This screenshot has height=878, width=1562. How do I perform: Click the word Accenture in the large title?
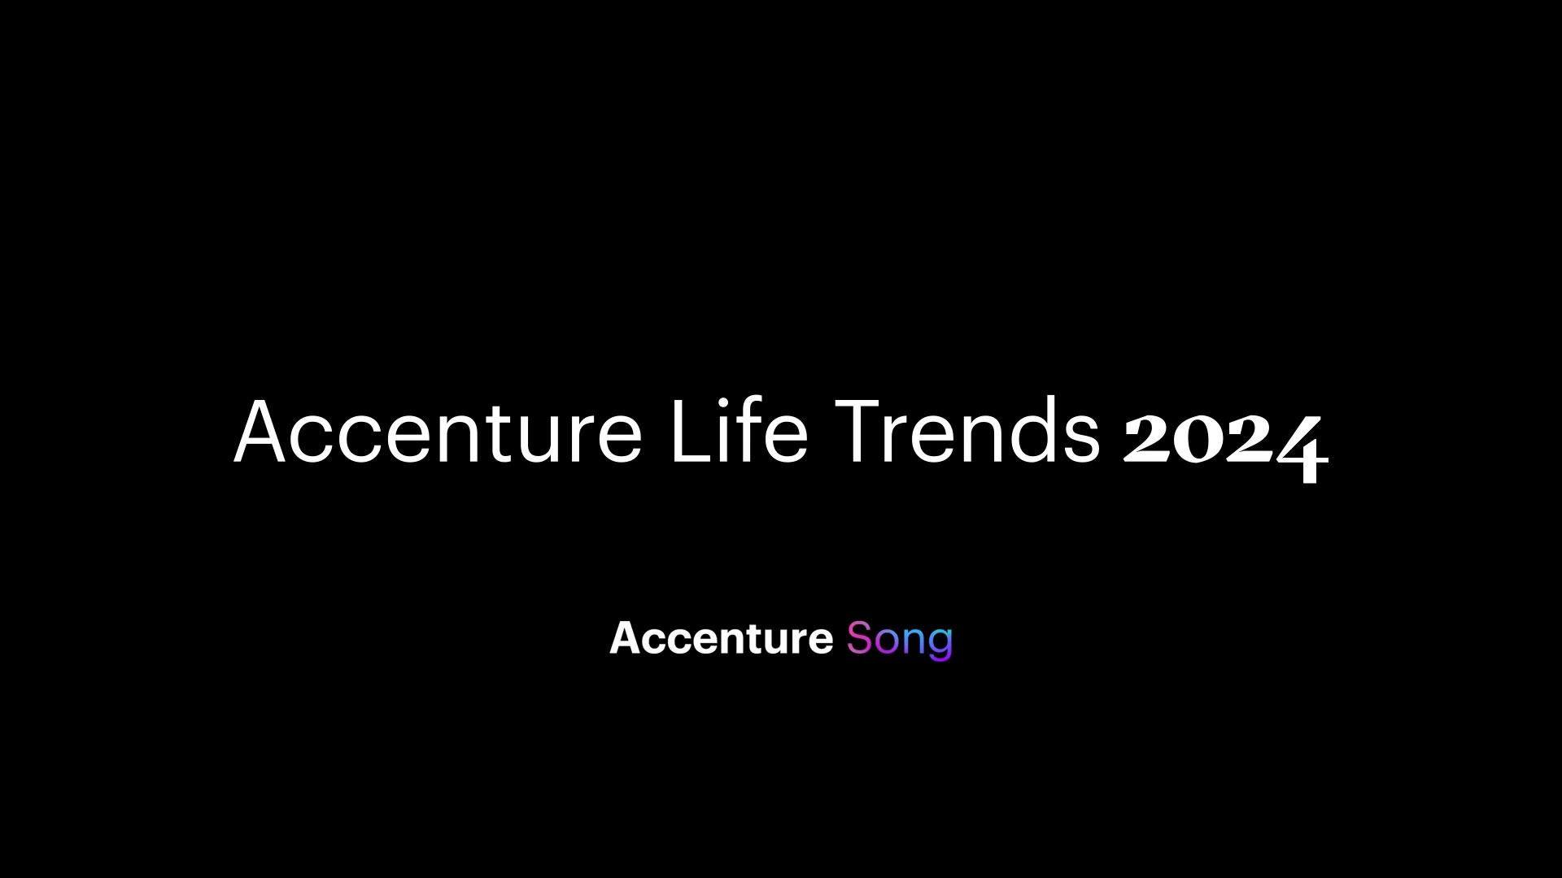click(x=438, y=432)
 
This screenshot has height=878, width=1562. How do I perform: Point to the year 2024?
click(x=1226, y=443)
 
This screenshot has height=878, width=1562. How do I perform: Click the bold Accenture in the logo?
click(x=721, y=638)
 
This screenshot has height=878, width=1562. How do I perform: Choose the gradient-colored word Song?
click(x=899, y=641)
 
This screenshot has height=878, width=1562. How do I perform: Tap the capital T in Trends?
click(x=861, y=432)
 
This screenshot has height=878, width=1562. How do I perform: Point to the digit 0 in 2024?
click(x=1201, y=440)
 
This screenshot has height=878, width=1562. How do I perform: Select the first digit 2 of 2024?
click(x=1148, y=438)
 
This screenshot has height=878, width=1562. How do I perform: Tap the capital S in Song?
click(x=860, y=638)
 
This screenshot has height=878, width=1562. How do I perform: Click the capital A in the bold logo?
click(x=623, y=638)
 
